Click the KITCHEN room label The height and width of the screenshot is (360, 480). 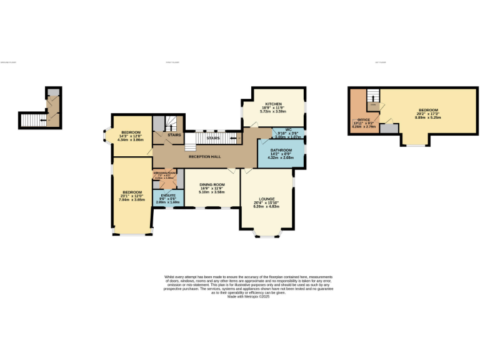pyautogui.click(x=273, y=104)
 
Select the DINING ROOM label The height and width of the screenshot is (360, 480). pyautogui.click(x=212, y=185)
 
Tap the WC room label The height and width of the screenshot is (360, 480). pyautogui.click(x=279, y=130)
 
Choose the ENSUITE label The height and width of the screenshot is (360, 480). pyautogui.click(x=167, y=196)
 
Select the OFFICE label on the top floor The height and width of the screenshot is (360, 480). pyautogui.click(x=363, y=119)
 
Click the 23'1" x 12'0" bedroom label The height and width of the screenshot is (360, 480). pyautogui.click(x=132, y=192)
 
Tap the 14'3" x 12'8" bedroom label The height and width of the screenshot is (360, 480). pyautogui.click(x=131, y=132)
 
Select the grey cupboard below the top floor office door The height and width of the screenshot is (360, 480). pyautogui.click(x=389, y=128)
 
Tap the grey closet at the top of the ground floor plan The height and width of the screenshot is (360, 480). pyautogui.click(x=54, y=93)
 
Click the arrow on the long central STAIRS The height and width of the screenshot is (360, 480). pyautogui.click(x=232, y=137)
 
